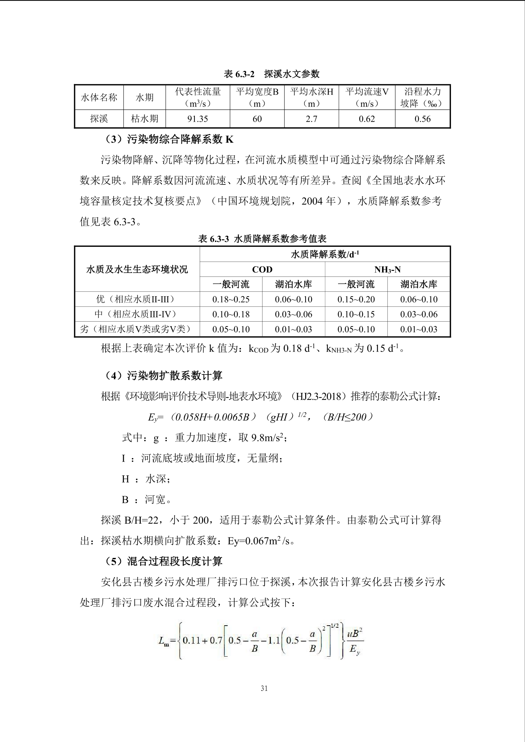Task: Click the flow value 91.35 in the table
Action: [x=198, y=119]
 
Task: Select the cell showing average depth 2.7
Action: [x=311, y=119]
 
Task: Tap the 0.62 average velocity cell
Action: [x=367, y=119]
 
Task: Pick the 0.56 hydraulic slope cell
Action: [x=422, y=119]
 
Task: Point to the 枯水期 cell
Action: [x=144, y=119]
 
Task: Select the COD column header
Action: [x=262, y=269]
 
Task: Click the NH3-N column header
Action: [x=387, y=269]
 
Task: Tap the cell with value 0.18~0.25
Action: [x=231, y=299]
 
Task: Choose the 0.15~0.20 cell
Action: [x=356, y=299]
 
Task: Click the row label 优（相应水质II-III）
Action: [x=137, y=299]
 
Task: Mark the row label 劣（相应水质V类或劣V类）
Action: [x=137, y=329]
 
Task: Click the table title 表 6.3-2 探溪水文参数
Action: [x=271, y=74]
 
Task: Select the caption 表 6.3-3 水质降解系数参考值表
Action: [x=262, y=239]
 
